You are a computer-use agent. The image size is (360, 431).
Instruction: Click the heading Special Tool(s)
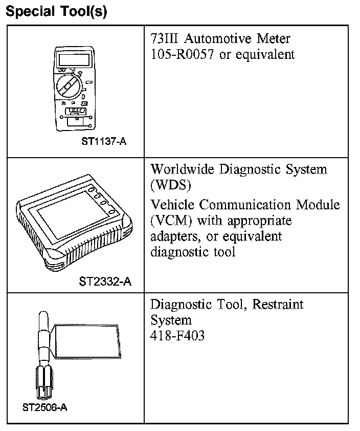pos(56,12)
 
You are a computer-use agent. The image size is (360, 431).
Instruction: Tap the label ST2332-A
pos(105,281)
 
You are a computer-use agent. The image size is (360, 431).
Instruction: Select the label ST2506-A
pos(45,408)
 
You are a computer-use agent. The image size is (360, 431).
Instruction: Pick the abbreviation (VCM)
pos(171,221)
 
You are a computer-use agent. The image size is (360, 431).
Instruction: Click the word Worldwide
pos(182,169)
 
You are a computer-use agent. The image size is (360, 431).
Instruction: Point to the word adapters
pos(172,237)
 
